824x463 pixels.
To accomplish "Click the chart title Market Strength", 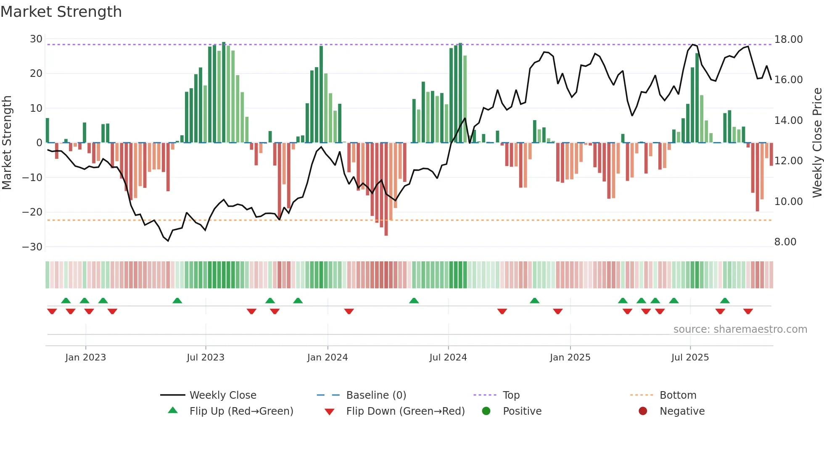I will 61,12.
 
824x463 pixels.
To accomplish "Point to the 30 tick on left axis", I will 36,39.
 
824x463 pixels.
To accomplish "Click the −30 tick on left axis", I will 32,247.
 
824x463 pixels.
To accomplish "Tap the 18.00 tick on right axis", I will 788,39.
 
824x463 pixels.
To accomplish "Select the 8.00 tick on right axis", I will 785,242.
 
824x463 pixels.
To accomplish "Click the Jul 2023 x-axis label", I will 206,358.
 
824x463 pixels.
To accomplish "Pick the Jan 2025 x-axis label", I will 570,358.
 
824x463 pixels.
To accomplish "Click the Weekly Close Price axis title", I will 817,142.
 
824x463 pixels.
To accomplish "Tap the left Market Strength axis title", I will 7,142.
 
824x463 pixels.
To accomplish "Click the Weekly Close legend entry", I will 222,395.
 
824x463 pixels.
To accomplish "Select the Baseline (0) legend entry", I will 376,395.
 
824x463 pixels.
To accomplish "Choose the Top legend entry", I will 511,395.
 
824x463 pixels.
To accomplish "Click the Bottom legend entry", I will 678,395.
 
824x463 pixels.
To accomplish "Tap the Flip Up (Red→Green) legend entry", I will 241,411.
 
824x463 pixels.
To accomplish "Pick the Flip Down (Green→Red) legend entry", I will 405,411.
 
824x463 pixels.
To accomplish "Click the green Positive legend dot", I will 486,411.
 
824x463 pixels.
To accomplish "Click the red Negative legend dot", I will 643,411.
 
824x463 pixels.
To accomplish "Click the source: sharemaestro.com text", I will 740,329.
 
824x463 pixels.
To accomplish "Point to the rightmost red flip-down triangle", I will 748,311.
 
